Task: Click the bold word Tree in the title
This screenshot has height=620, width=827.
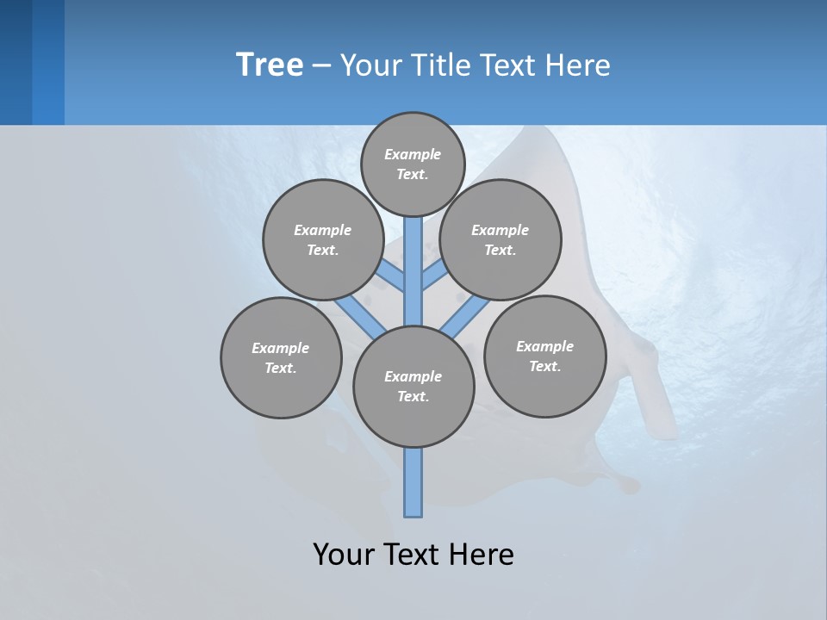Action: (x=270, y=65)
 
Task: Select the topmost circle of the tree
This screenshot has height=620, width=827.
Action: (x=413, y=164)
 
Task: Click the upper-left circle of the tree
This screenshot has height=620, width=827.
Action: (x=323, y=239)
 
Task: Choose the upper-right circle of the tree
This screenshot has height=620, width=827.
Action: (x=501, y=239)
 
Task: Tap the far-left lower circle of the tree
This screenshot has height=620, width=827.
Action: (x=281, y=357)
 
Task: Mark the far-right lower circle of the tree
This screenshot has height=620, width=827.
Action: (x=544, y=356)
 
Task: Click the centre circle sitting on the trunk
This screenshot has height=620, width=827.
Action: (x=413, y=386)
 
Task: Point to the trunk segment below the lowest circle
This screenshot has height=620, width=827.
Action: (x=413, y=482)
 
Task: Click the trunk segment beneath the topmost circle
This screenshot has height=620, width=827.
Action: (x=413, y=250)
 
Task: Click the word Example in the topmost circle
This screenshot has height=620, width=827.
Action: (x=413, y=154)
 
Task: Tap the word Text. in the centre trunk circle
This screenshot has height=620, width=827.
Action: (x=413, y=396)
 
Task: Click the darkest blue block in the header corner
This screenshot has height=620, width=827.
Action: (x=16, y=62)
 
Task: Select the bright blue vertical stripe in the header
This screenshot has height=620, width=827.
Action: (x=48, y=62)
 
